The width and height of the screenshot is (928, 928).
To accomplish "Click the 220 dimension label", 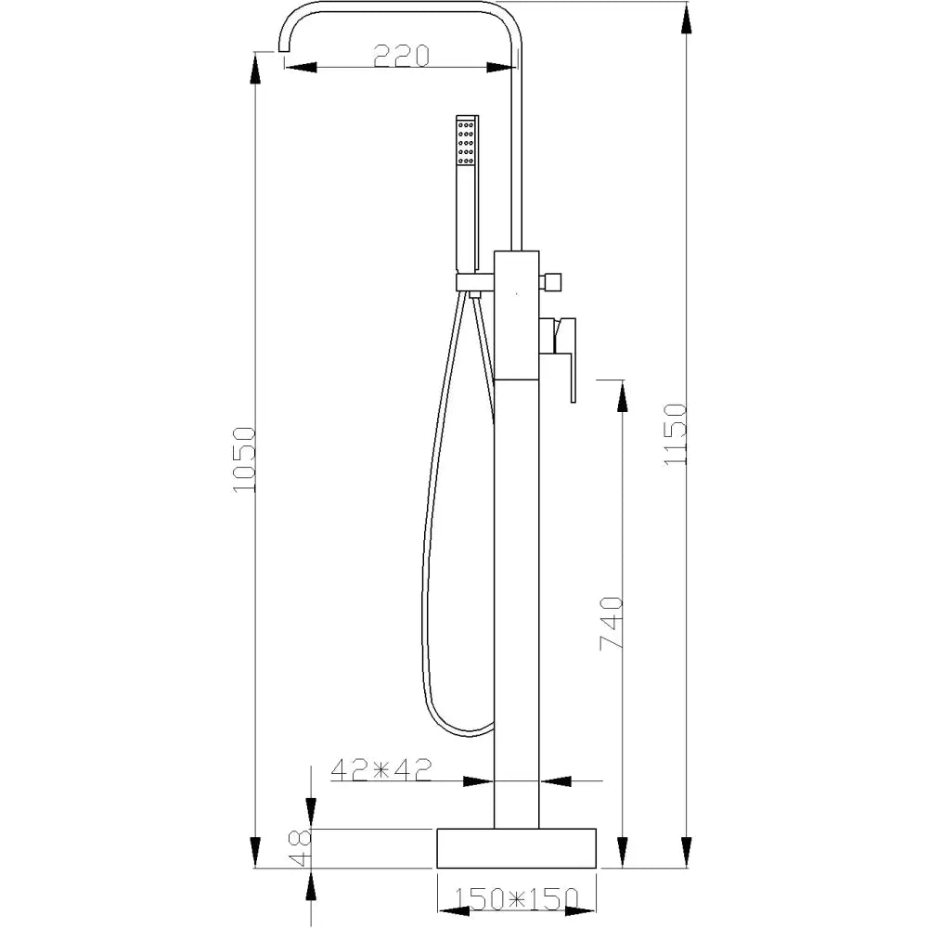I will pyautogui.click(x=402, y=57).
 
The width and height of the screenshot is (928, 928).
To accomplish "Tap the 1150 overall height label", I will pyautogui.click(x=675, y=435).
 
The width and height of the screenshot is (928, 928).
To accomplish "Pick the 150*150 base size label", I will pyautogui.click(x=513, y=897).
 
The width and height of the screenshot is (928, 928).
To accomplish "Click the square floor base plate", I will pyautogui.click(x=516, y=848).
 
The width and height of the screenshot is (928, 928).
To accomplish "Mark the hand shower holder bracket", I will pyautogui.click(x=474, y=282).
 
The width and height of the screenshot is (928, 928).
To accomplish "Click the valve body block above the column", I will pyautogui.click(x=516, y=316).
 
